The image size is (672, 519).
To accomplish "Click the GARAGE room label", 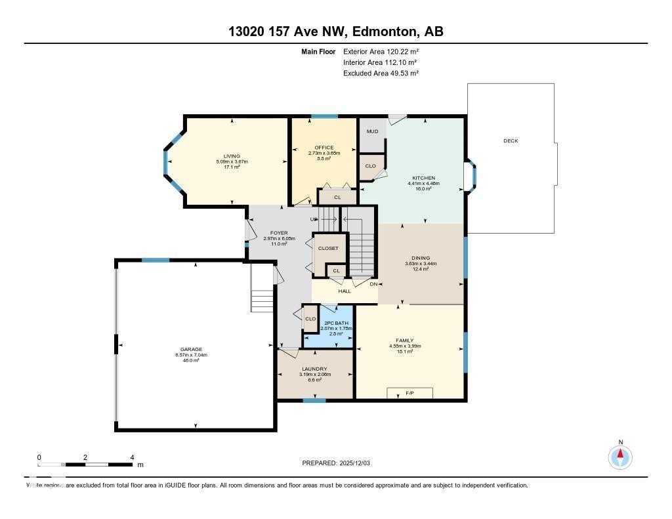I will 192,349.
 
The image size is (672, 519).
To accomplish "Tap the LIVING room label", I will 232,156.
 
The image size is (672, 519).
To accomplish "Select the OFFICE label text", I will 324,148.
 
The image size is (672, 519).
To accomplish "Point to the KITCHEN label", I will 423,178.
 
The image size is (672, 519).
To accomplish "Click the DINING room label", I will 421,258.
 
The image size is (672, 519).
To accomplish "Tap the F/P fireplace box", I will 409,393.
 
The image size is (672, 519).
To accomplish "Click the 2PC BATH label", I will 336,323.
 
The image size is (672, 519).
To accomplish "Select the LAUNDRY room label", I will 315,369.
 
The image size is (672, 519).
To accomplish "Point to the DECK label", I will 511,141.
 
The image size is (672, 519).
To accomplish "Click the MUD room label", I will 372,132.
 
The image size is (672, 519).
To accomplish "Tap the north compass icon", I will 619,456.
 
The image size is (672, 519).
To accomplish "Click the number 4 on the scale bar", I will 133,457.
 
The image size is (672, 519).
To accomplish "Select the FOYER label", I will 280,233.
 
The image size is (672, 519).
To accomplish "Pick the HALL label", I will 345,291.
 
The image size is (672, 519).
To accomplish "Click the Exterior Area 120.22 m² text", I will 381,51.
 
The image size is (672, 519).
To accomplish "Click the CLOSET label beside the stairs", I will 328,248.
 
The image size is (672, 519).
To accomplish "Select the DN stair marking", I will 373,284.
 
